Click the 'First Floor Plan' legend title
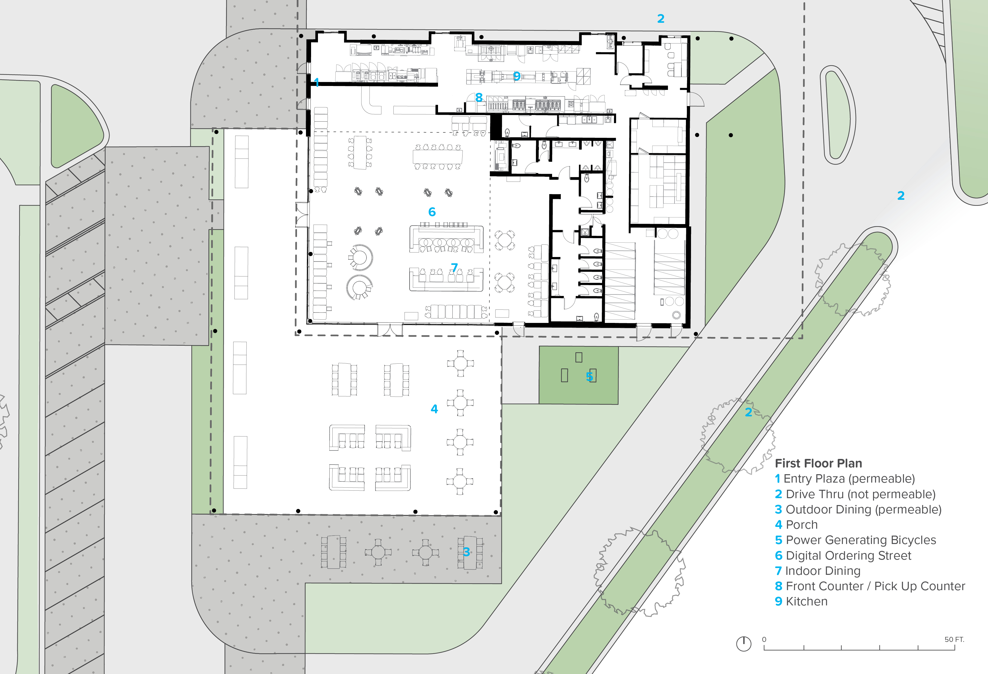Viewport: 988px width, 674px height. pyautogui.click(x=818, y=463)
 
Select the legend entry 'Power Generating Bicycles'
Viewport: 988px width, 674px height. pyautogui.click(x=855, y=540)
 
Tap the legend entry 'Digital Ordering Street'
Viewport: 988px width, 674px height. pyautogui.click(x=843, y=555)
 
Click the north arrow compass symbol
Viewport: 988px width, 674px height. pyautogui.click(x=744, y=643)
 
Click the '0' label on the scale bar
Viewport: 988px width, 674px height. pyautogui.click(x=764, y=639)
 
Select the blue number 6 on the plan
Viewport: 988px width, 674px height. pyautogui.click(x=432, y=212)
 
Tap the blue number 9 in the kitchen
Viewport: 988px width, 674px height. pyautogui.click(x=516, y=76)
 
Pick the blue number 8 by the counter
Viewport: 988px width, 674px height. pyautogui.click(x=479, y=97)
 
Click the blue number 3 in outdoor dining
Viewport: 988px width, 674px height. pyautogui.click(x=466, y=552)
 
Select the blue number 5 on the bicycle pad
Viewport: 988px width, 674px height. pyautogui.click(x=589, y=376)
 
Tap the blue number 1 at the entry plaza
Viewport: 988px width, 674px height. pyautogui.click(x=316, y=82)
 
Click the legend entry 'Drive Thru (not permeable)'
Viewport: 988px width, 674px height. pyautogui.click(x=855, y=494)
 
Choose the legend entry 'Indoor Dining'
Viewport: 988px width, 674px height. pyautogui.click(x=818, y=571)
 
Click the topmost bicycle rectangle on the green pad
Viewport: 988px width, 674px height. pyautogui.click(x=579, y=357)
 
